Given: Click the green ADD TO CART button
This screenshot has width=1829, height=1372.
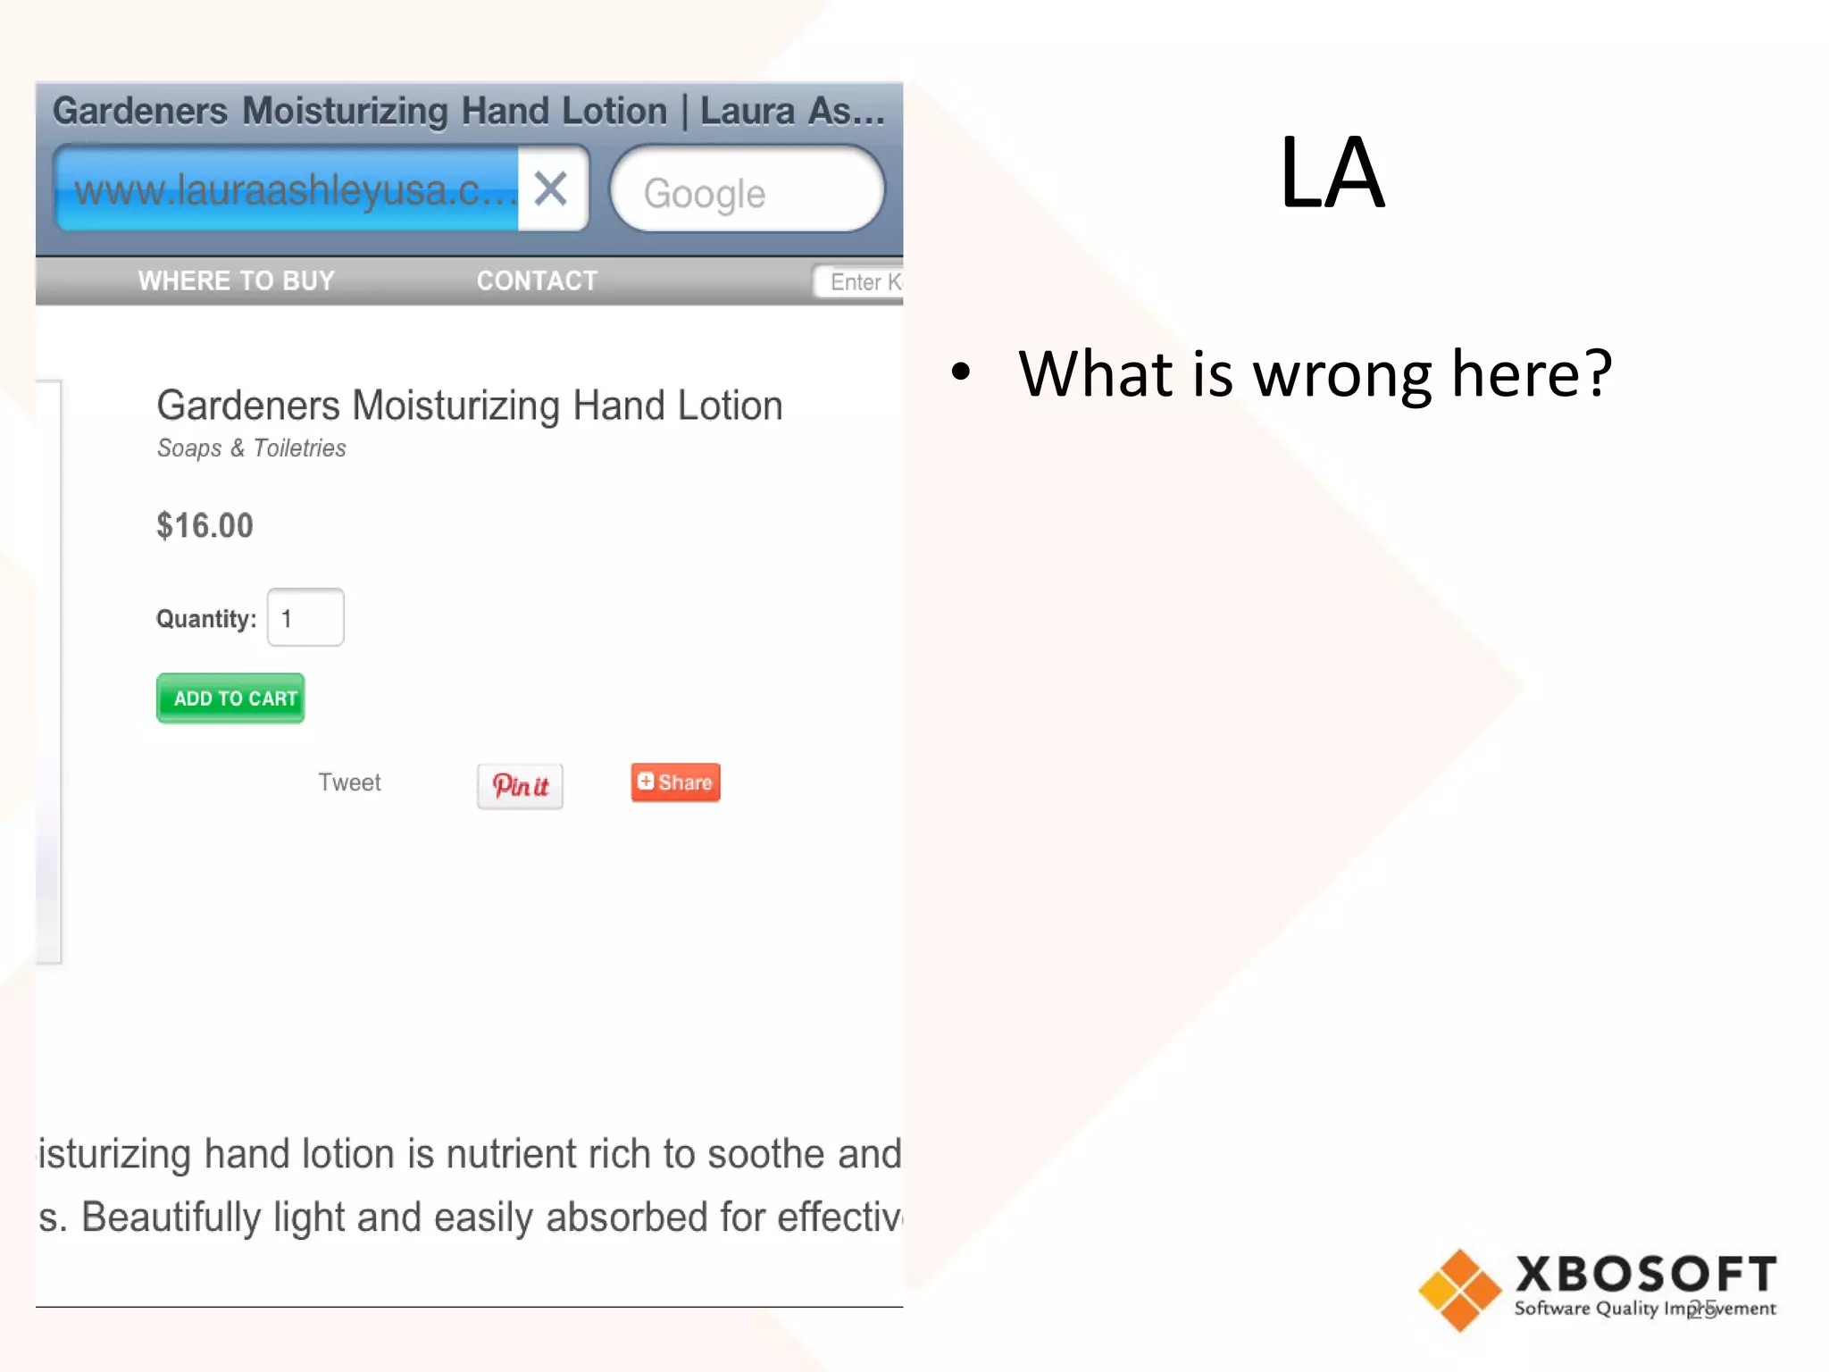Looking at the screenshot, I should [230, 698].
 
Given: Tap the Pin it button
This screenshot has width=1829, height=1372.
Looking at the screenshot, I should [520, 786].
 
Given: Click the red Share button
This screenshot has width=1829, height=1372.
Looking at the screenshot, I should [675, 782].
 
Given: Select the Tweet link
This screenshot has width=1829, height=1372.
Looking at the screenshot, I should [349, 782].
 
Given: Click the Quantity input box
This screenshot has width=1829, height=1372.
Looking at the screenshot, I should [305, 617].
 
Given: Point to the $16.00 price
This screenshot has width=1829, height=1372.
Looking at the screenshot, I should [205, 525].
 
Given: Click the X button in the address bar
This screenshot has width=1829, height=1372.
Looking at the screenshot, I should [551, 188].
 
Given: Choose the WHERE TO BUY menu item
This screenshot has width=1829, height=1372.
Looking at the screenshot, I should [236, 280].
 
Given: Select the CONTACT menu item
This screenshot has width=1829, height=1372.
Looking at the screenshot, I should [537, 280].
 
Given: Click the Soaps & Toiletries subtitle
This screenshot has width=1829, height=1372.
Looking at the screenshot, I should [251, 448].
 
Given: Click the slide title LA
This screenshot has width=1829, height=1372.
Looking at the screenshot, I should [1331, 172].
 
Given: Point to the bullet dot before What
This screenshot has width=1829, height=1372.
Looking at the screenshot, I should [961, 371].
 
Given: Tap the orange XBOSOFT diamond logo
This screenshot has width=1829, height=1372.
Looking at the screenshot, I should [1459, 1290].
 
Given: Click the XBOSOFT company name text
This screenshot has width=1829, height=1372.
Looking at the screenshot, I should [1645, 1274].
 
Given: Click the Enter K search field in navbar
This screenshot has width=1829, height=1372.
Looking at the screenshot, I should [860, 282].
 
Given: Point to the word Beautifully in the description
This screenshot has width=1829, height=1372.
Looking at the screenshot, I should [171, 1217].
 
